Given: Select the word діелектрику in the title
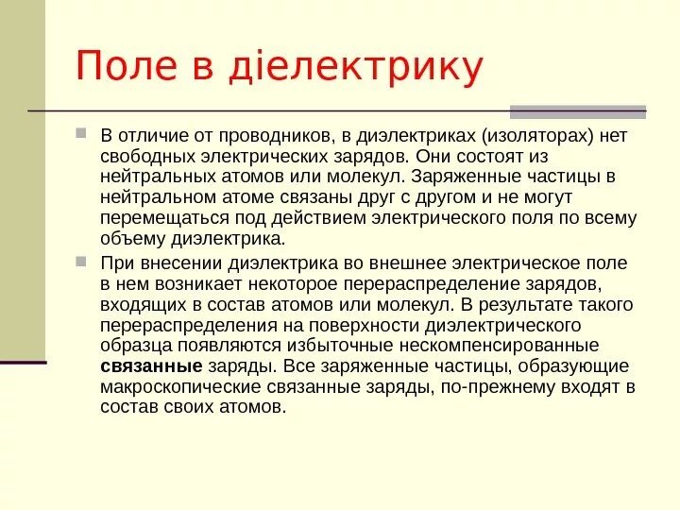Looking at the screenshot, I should click(x=366, y=68).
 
